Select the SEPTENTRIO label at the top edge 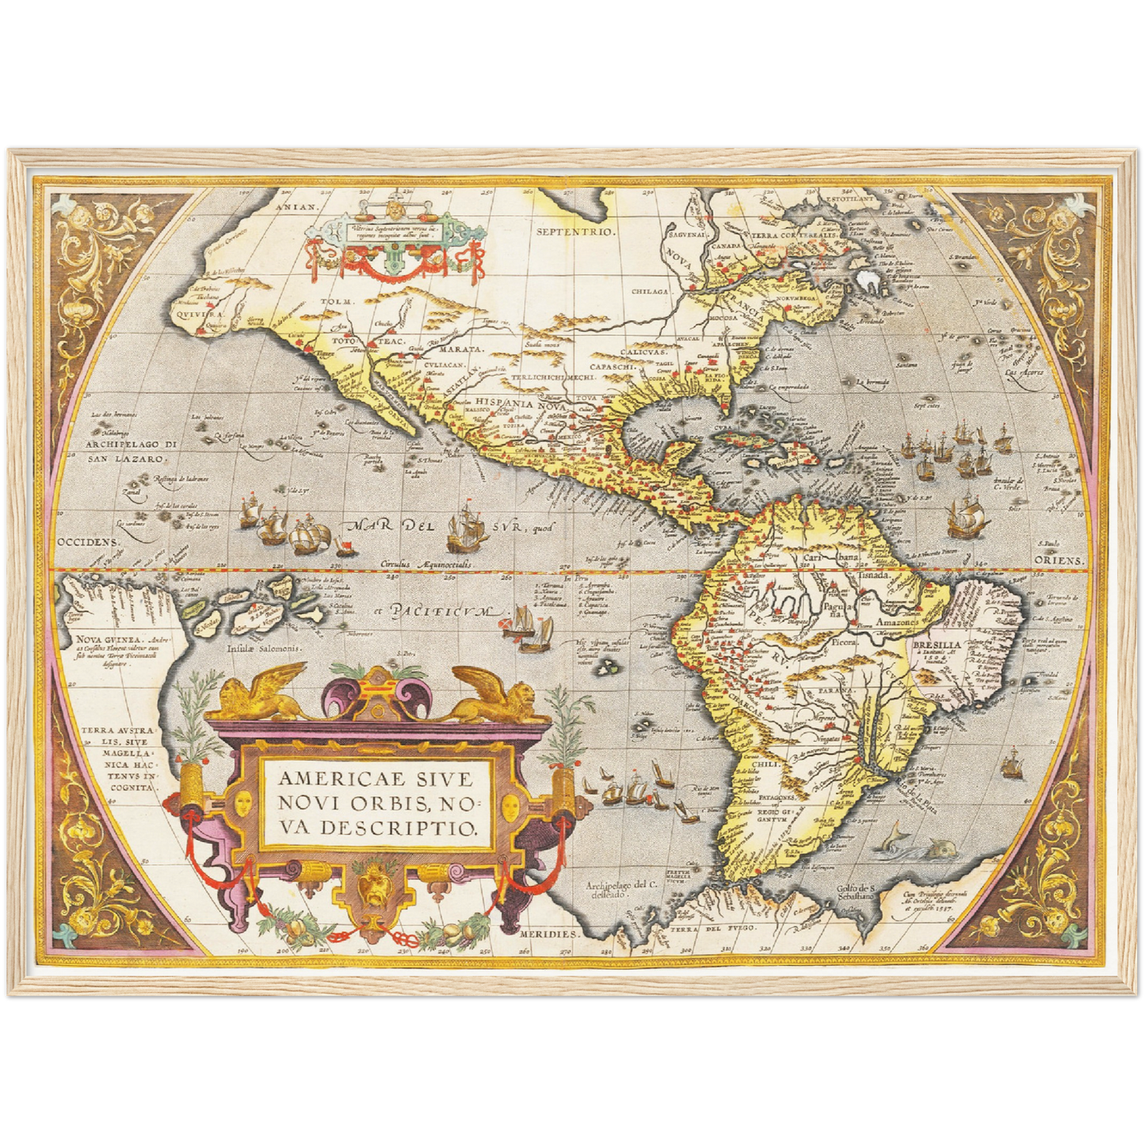[575, 231]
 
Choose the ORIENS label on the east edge [1059, 560]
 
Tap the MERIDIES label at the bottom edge [550, 934]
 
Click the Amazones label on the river [899, 622]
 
